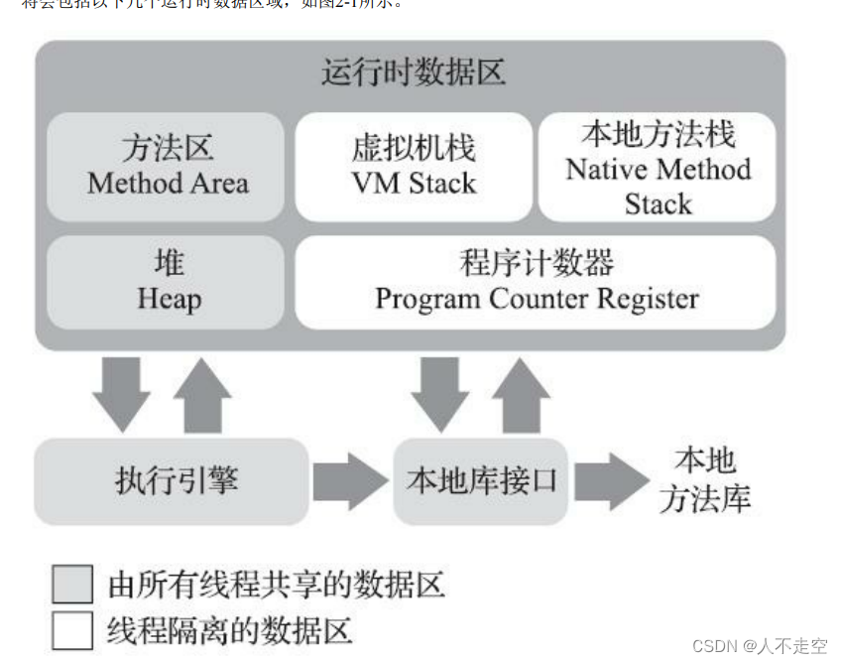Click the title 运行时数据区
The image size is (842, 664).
414,73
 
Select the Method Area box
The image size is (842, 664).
167,166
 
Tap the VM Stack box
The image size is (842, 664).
414,166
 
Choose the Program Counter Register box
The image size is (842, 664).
536,282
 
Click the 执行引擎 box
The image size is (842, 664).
172,482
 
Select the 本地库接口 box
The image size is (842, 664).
481,482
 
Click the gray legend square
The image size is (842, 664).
72,585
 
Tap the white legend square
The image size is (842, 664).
72,630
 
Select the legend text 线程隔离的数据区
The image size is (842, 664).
230,631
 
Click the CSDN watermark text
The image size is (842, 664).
759,646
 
